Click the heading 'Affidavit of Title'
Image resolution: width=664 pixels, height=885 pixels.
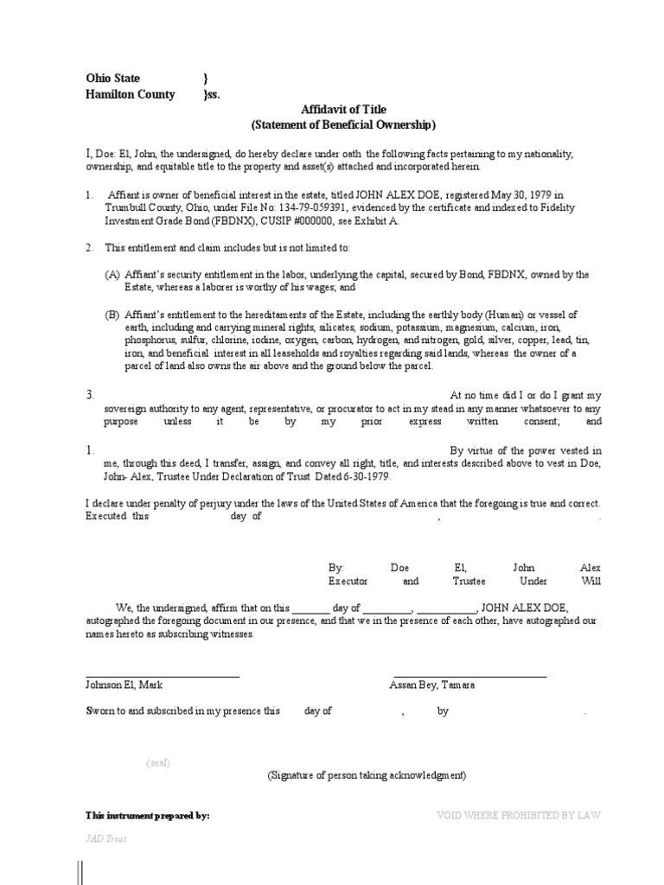click(343, 110)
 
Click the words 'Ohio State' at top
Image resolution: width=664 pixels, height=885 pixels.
click(112, 79)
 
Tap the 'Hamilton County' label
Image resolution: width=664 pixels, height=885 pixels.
click(130, 94)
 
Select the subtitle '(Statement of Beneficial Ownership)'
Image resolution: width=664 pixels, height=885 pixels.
click(343, 124)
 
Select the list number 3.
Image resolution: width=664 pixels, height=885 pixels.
click(88, 394)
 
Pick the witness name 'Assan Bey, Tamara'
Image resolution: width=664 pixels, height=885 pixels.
click(432, 684)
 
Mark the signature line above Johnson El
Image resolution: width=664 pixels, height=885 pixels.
click(162, 676)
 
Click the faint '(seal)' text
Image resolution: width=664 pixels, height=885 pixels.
click(158, 762)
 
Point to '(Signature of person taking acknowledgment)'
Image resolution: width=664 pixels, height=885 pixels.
click(367, 775)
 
